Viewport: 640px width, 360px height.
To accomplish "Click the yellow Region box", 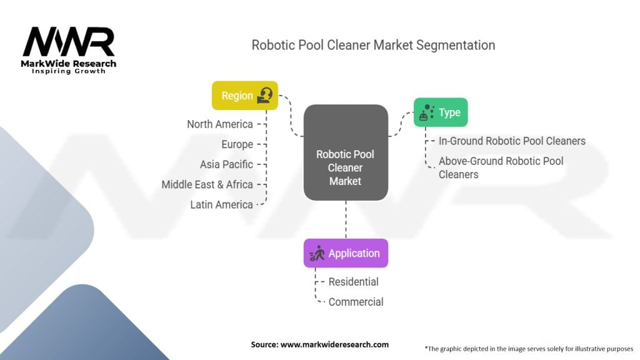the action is click(x=245, y=96).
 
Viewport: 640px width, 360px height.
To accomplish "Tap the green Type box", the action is click(x=441, y=112).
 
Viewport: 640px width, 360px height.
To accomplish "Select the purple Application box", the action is click(x=346, y=253).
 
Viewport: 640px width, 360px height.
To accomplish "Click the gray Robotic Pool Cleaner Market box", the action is click(x=346, y=152).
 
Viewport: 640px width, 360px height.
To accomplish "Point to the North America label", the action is click(x=220, y=124).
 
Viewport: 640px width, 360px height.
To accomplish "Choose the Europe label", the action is click(x=237, y=144).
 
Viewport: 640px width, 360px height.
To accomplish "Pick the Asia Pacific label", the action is click(x=226, y=164).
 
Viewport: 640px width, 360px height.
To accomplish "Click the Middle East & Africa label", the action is click(x=207, y=184).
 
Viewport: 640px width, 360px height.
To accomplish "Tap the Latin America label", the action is click(x=222, y=204).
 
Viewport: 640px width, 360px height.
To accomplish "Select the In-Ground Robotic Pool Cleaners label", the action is click(x=512, y=141).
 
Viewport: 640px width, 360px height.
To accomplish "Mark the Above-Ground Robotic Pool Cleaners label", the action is click(x=501, y=167).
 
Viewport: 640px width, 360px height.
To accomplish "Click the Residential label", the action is click(x=354, y=282).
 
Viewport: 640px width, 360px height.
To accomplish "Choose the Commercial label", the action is click(x=356, y=302).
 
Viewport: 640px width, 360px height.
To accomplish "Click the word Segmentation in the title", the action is click(x=456, y=45).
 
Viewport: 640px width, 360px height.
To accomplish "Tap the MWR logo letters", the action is click(x=69, y=42).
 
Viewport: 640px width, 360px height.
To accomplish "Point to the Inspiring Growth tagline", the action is click(x=69, y=71).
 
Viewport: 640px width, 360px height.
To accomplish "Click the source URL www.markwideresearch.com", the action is click(x=335, y=344).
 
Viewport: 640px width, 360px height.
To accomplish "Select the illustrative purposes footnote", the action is click(x=529, y=349).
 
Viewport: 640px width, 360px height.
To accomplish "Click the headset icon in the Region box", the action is click(x=265, y=96).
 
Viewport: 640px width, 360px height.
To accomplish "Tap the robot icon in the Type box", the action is click(x=426, y=112).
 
